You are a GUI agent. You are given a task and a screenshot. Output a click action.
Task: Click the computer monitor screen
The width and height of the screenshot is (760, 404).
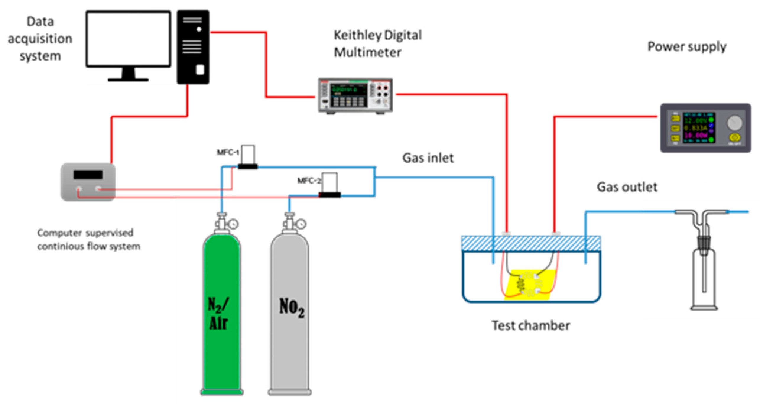pos(128,39)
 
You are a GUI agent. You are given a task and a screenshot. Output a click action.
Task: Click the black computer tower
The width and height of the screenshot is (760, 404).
pos(193,47)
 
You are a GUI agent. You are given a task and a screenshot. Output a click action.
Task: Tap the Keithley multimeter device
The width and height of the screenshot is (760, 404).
pos(355,95)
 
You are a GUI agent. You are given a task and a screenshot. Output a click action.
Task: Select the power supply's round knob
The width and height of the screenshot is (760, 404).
pos(735,123)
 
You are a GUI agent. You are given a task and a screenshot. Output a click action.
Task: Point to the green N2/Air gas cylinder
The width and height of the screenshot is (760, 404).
pos(222,313)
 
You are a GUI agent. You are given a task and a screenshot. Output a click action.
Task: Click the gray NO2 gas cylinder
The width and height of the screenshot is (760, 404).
pos(290,313)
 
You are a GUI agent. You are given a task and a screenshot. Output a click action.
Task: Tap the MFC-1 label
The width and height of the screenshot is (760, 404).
pos(228,152)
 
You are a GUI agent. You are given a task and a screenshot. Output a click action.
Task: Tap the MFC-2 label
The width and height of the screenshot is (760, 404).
pos(308,181)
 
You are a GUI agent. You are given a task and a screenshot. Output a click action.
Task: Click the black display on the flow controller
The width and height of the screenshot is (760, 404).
pos(88,174)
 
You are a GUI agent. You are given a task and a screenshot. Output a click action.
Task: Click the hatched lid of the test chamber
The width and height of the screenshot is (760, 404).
pos(531,244)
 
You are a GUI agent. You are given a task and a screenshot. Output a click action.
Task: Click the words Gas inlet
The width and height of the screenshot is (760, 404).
pos(428,158)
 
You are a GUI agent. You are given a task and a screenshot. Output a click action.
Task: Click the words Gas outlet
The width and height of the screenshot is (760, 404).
pos(627,187)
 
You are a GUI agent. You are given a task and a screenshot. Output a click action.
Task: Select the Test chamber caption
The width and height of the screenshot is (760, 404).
pos(531,325)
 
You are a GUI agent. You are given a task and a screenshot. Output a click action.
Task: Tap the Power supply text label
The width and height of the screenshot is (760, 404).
pos(687,47)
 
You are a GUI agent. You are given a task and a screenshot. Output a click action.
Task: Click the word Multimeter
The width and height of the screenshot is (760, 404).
pos(367,53)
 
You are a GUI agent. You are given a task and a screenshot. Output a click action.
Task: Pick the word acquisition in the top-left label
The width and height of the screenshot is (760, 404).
pos(40,39)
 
